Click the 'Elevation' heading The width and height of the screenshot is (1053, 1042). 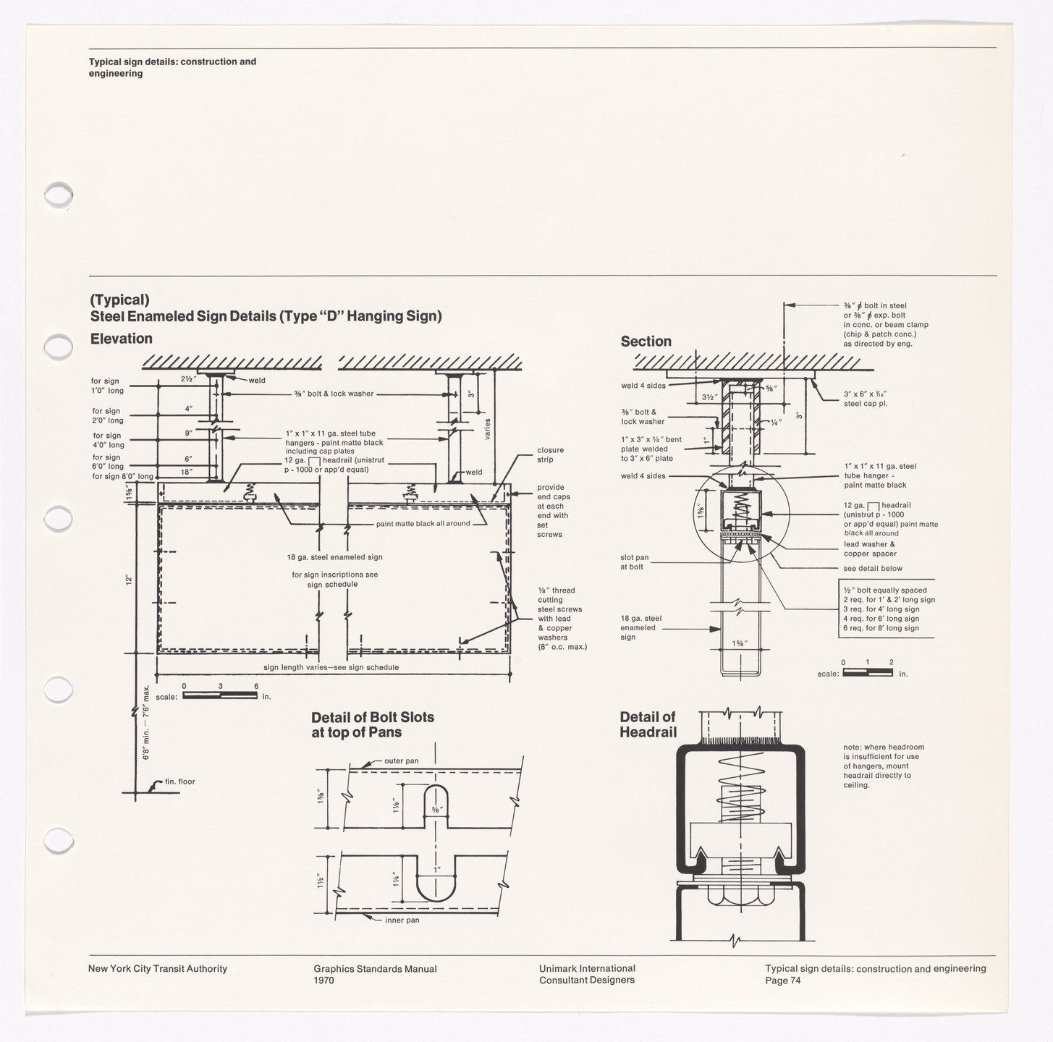(x=121, y=339)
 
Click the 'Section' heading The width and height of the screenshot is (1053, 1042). (x=646, y=342)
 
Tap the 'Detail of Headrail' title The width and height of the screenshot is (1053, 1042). (x=648, y=724)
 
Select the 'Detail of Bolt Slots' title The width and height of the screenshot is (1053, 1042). (x=372, y=724)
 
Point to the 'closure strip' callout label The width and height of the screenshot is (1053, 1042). (x=550, y=454)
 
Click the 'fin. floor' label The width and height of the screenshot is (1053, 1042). (x=179, y=781)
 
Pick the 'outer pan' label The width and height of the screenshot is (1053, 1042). (x=401, y=761)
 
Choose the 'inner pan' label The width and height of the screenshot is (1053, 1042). (x=402, y=920)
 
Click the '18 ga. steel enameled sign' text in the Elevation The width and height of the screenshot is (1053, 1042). (x=334, y=557)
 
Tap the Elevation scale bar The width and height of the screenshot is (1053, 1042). (x=220, y=696)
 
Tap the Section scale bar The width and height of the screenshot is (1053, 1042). (x=867, y=673)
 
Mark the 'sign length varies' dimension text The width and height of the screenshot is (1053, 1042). (x=331, y=667)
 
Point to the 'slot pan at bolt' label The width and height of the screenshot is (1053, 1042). (x=634, y=562)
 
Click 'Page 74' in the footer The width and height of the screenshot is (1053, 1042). (x=782, y=980)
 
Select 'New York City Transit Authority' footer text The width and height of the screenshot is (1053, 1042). (x=157, y=969)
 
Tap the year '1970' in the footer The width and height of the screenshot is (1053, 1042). (x=323, y=980)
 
